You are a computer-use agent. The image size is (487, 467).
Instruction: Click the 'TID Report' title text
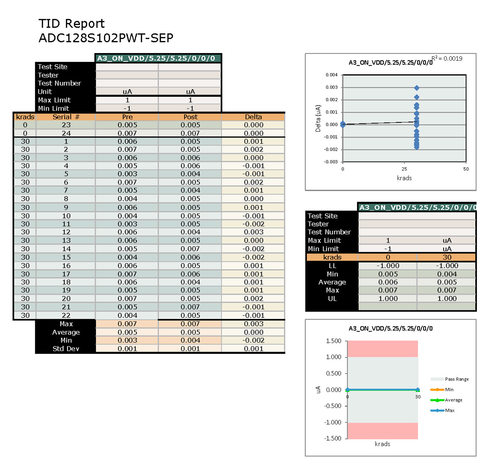tap(71, 24)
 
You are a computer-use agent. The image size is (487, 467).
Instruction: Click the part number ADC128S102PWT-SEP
tap(106, 38)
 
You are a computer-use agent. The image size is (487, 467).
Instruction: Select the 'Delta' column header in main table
tap(253, 117)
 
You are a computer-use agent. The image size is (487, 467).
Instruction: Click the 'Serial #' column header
tap(66, 117)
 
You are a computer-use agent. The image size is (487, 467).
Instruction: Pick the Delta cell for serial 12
tap(253, 232)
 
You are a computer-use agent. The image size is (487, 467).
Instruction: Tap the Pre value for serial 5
tap(127, 174)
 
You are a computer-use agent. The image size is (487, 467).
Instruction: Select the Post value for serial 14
tap(190, 249)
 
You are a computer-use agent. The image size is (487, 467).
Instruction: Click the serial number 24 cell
tap(66, 133)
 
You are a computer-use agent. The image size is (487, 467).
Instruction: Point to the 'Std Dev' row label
tap(66, 349)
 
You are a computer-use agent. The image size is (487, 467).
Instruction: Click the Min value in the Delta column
tap(253, 340)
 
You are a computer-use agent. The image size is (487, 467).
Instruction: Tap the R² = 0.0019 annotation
tap(447, 59)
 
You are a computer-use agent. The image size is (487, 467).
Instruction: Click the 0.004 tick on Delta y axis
tap(332, 75)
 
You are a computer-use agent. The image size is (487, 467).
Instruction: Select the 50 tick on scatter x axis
tap(466, 169)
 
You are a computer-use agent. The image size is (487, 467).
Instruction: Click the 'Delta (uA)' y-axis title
tap(318, 118)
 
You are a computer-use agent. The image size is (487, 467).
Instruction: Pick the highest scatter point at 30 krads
tap(417, 88)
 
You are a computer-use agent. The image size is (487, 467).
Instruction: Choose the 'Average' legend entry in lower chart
tap(453, 400)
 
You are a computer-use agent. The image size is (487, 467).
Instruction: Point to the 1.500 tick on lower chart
tap(334, 341)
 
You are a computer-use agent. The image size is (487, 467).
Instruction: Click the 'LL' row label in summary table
tap(332, 266)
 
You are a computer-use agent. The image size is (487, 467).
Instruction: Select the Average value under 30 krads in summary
tap(447, 282)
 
